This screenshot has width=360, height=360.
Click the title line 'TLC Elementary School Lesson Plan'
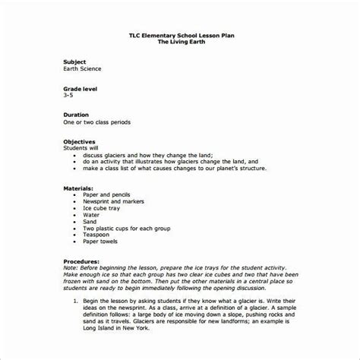180,34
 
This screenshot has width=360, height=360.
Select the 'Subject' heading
74,61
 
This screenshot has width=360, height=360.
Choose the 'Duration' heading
77,115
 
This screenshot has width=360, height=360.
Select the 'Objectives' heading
80,142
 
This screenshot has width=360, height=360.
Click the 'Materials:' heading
79,187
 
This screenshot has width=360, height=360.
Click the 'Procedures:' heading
81,262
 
